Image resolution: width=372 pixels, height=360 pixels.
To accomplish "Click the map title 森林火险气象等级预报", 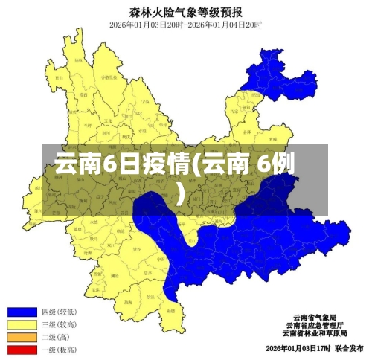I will (186, 11).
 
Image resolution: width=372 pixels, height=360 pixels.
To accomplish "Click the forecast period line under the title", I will (185, 25).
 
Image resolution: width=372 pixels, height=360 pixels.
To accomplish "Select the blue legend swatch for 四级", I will (22, 311).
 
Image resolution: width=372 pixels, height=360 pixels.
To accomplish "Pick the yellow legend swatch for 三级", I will (22, 324).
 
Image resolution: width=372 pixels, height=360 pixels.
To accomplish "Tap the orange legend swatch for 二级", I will (22, 337).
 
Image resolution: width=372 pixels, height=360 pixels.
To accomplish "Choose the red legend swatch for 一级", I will (22, 350).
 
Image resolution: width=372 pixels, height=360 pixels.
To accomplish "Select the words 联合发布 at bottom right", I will (349, 348).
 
